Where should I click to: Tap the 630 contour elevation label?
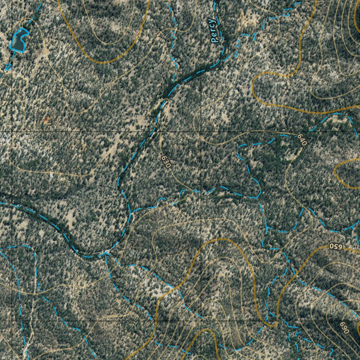pyautogui.click(x=166, y=161)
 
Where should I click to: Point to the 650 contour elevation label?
pyautogui.click(x=336, y=246)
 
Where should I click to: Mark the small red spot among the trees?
pyautogui.click(x=45, y=120)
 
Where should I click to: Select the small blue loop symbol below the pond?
pyautogui.click(x=7, y=67)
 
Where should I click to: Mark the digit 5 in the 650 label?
pyautogui.click(x=336, y=246)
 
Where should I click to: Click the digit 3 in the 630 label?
pyautogui.click(x=166, y=161)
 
